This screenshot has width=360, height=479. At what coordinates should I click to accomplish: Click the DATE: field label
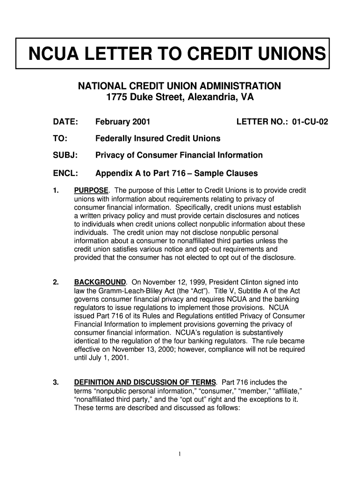tap(65, 122)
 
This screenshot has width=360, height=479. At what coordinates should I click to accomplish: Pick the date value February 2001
tap(122, 122)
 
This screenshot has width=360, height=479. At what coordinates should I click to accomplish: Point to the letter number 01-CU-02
tap(310, 122)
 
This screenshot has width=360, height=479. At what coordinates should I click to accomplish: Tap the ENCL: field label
tap(65, 174)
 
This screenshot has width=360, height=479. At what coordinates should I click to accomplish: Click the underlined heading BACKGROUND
tap(100, 283)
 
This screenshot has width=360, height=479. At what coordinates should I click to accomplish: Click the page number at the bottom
tap(180, 453)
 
